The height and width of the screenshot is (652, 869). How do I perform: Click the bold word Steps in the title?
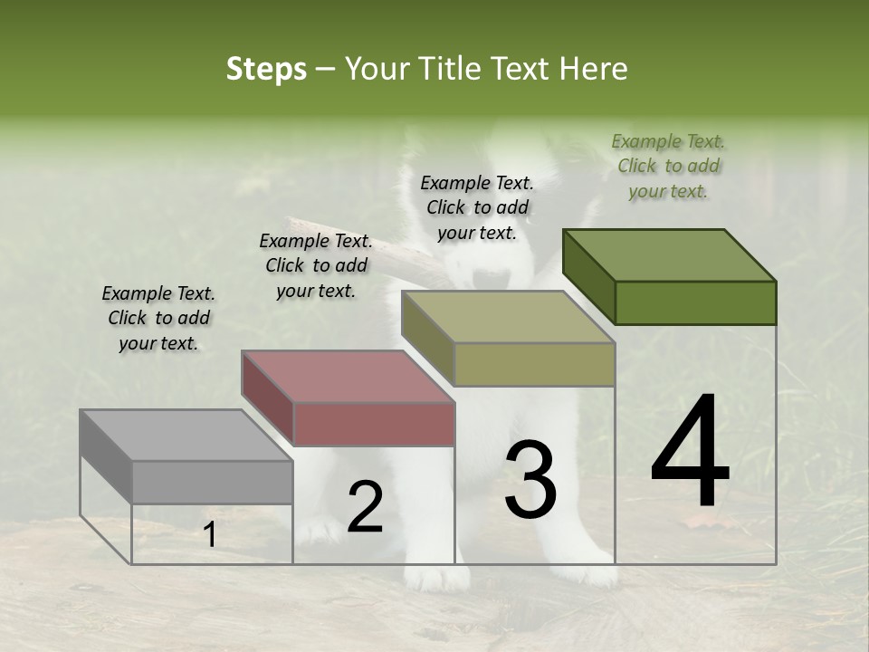click(x=266, y=69)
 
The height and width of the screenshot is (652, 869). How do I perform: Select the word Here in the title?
click(x=593, y=69)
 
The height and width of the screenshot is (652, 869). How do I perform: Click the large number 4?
click(x=690, y=452)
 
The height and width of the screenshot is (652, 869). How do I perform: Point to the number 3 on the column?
click(x=530, y=479)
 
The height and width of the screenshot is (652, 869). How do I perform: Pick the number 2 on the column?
click(x=365, y=507)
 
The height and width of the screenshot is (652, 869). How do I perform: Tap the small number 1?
click(x=210, y=535)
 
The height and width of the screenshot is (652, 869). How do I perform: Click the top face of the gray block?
click(x=185, y=436)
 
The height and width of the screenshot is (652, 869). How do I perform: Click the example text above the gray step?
click(x=158, y=318)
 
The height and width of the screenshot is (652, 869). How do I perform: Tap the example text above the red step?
click(x=316, y=265)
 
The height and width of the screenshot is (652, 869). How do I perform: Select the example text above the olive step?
click(x=477, y=207)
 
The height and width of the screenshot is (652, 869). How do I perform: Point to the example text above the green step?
click(x=668, y=166)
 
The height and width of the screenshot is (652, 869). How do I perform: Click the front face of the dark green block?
click(x=695, y=302)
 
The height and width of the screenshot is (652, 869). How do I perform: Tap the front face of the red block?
click(x=374, y=424)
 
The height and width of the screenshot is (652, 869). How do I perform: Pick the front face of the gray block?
click(x=213, y=482)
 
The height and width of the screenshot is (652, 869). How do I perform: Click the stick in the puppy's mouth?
click(x=362, y=245)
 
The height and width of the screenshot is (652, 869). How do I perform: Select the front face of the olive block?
click(x=534, y=365)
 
